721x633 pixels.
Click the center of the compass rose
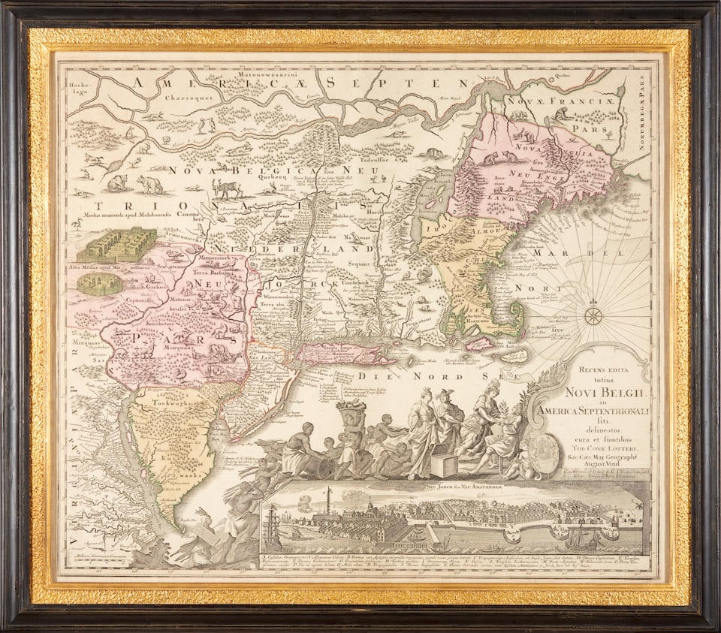tap(593, 312)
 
